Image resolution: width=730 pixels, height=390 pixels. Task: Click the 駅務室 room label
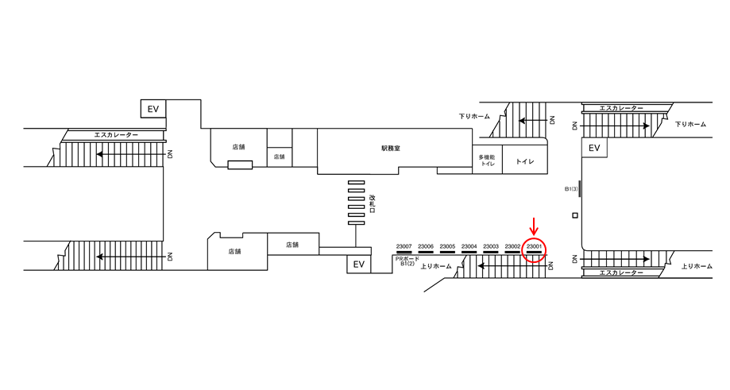(x=390, y=149)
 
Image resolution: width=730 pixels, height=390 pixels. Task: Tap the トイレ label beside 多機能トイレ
(x=525, y=161)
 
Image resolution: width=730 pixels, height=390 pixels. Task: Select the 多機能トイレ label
(x=487, y=160)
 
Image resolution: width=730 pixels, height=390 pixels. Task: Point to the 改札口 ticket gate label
(x=372, y=204)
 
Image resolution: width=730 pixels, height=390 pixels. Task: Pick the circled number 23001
(x=534, y=246)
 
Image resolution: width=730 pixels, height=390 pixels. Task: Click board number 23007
(x=404, y=246)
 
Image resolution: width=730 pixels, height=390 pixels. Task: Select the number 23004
(x=469, y=246)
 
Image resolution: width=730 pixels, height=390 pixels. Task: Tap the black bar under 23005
(x=447, y=253)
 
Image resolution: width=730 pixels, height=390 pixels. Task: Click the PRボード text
(x=407, y=258)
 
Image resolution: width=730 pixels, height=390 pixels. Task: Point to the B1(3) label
(x=571, y=189)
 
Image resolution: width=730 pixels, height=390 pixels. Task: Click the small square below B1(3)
(x=575, y=215)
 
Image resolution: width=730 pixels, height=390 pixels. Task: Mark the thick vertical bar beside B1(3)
(x=580, y=189)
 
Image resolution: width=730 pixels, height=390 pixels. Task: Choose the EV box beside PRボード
(x=358, y=265)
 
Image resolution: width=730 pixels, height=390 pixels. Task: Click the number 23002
(x=512, y=246)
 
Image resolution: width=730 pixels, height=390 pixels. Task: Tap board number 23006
(x=426, y=246)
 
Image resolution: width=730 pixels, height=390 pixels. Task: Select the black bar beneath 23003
(x=491, y=253)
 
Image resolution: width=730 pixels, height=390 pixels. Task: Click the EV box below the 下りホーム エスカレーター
(x=594, y=148)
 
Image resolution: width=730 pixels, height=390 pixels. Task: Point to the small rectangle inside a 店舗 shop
(x=240, y=164)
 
